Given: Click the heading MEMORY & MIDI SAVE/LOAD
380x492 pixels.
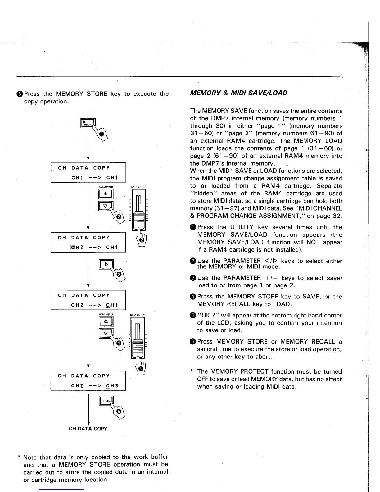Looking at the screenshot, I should (238, 93).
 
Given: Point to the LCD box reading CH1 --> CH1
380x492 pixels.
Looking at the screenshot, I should (88, 173).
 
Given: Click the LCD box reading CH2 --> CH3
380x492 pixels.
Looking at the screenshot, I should (88, 380).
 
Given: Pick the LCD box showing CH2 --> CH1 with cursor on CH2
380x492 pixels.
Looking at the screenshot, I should (88, 242).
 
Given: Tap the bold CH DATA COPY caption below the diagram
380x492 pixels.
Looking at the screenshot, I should (88, 429).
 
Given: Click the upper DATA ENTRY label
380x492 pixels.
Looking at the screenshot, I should (138, 187).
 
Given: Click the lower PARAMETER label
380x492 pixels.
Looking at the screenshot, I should (106, 315).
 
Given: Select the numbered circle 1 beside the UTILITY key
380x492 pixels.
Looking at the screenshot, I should (102, 134).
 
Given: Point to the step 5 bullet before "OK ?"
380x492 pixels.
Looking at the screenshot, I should (193, 316).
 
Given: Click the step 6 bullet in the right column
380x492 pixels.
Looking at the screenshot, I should (193, 342).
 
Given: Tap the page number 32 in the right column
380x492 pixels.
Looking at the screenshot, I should (336, 216).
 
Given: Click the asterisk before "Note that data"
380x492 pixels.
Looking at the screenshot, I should (19, 458).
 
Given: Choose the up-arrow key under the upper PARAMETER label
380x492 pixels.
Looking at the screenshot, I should (106, 195).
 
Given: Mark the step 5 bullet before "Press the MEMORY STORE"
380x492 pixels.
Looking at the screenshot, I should (20, 94).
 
